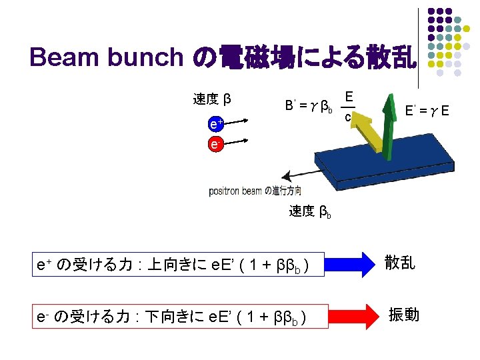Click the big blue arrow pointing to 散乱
[350, 263]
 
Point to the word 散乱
[400, 263]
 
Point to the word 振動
[405, 313]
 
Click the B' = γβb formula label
[309, 105]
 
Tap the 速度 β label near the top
[212, 99]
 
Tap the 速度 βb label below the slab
[310, 212]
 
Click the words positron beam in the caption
[235, 191]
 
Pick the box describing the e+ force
[181, 263]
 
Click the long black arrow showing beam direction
[313, 170]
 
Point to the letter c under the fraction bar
[348, 118]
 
